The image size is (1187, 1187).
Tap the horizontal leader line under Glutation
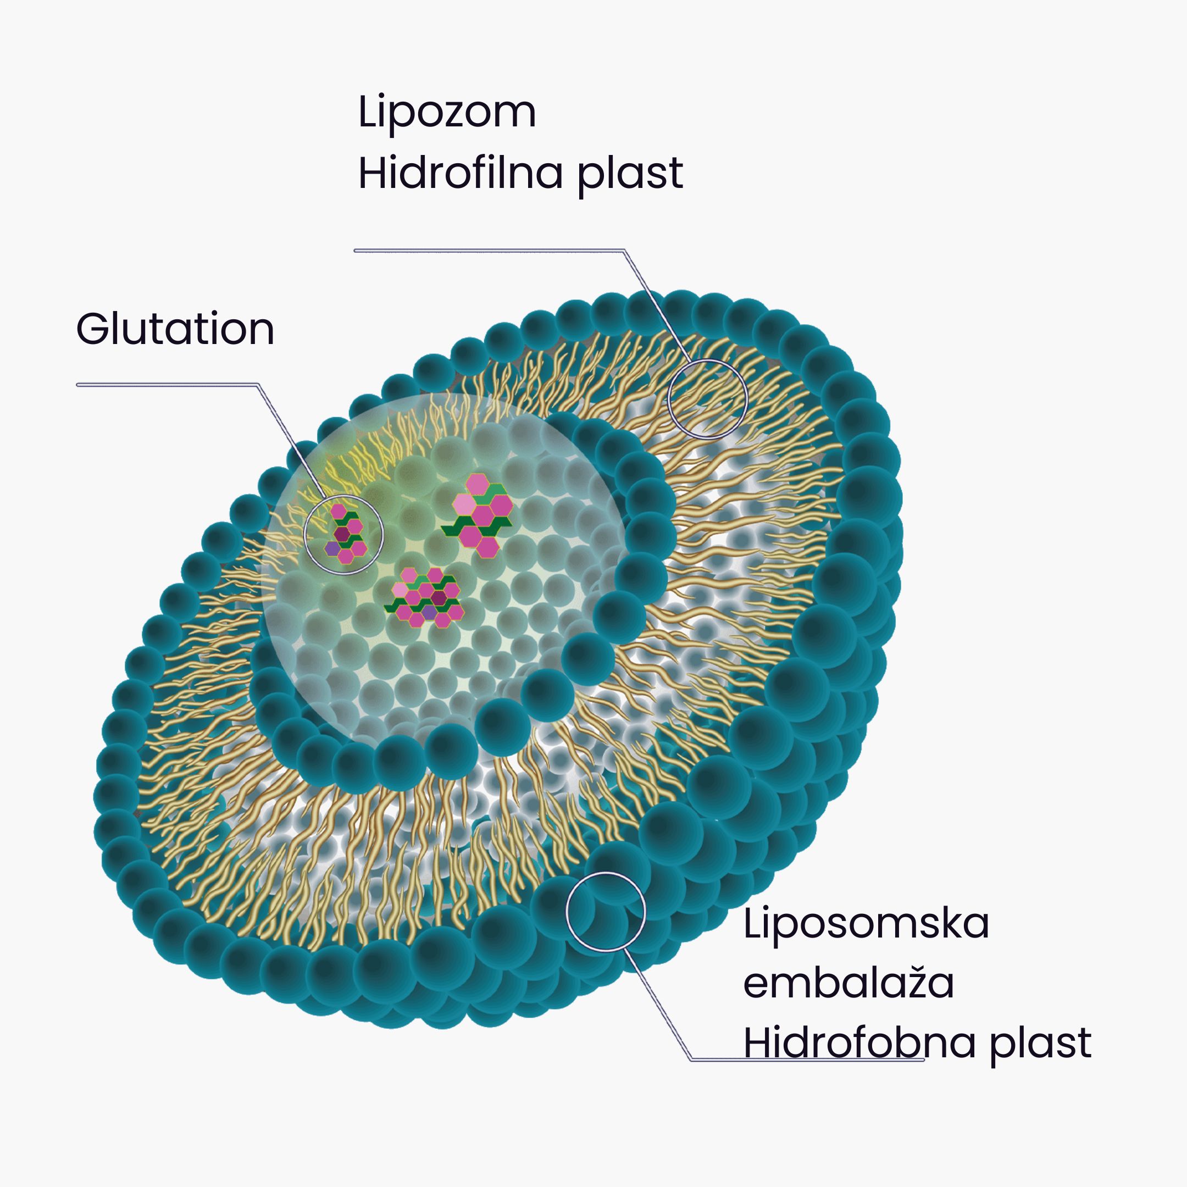pos(167,385)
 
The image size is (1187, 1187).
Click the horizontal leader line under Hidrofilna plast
pos(489,250)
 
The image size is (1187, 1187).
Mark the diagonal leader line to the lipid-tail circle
pos(657,306)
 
